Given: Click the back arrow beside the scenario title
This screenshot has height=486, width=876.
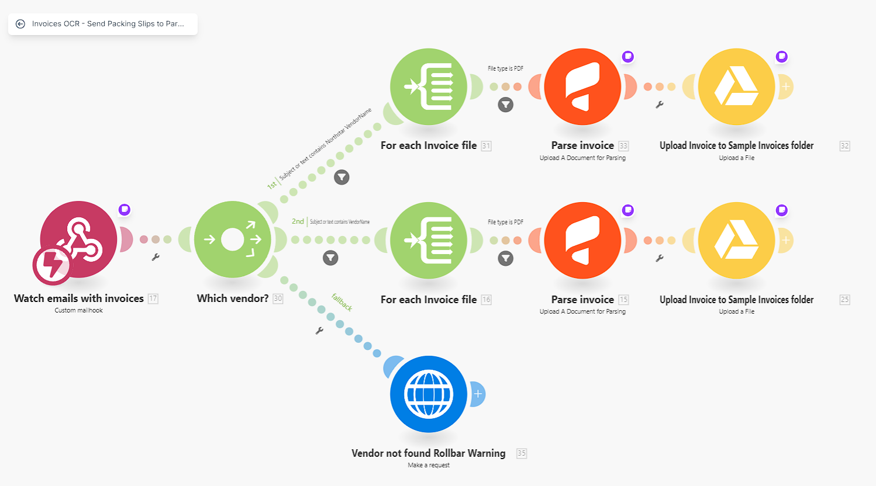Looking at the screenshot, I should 20,24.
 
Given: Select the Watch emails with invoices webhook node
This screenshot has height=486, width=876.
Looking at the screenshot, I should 78,239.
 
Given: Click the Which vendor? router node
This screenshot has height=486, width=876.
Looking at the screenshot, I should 232,239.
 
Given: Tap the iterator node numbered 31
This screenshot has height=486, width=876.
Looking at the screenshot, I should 428,86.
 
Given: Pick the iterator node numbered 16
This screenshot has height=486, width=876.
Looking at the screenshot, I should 428,240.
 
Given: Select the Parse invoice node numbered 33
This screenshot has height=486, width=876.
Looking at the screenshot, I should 582,86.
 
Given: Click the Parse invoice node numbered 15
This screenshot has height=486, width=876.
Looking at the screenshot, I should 582,240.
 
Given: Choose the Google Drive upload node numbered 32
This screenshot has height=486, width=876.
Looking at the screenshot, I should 736,86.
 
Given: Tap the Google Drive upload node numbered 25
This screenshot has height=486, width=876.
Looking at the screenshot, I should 736,240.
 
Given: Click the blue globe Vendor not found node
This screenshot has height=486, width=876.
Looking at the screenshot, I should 428,394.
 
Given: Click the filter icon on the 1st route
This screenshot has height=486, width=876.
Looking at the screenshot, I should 342,177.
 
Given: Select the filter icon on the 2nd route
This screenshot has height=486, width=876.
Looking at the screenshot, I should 330,258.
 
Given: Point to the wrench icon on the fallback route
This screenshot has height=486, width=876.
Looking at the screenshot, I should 319,331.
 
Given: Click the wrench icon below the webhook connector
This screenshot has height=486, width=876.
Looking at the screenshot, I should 156,257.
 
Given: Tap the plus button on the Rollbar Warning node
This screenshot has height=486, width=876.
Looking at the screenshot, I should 478,394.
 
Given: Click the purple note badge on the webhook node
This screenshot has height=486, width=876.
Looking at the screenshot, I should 125,210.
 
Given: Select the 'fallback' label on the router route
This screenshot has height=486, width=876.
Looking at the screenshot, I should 342,302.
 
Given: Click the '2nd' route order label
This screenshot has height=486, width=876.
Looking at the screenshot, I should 298,221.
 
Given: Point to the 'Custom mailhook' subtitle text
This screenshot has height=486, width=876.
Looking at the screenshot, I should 78,311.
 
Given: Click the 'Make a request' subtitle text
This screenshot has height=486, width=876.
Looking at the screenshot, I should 429,466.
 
